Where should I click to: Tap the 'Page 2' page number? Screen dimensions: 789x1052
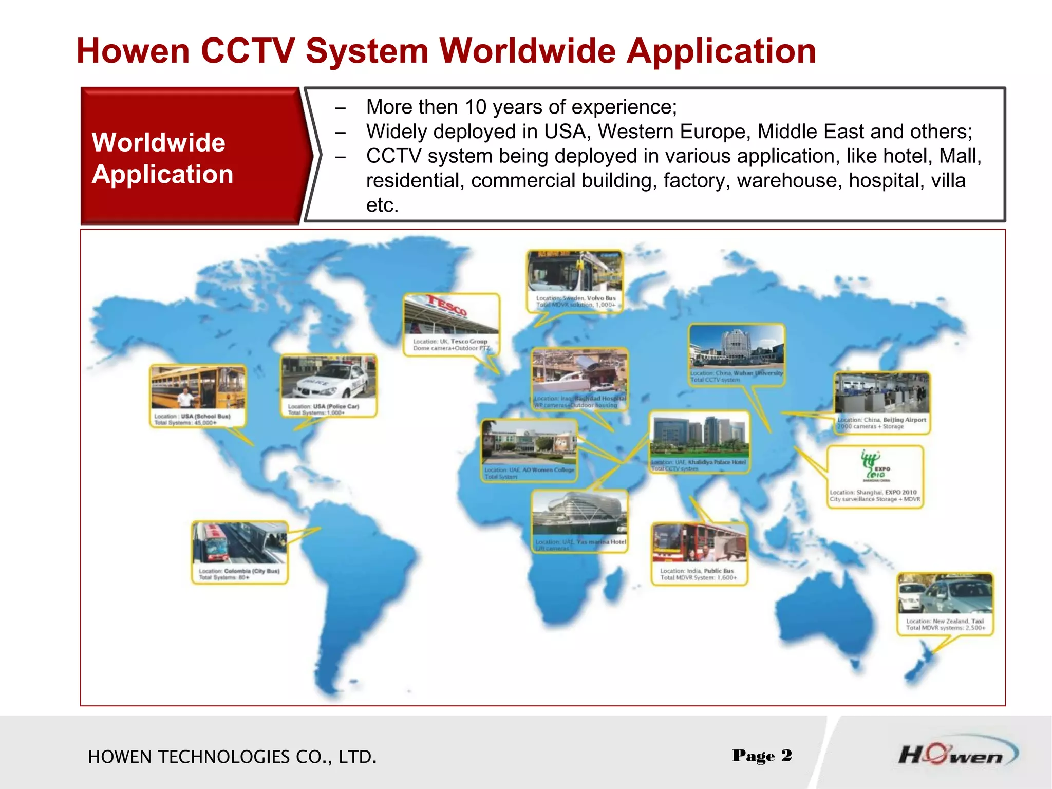point(762,756)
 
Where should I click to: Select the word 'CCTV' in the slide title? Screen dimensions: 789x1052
point(248,51)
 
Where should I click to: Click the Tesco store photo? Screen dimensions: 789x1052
point(451,314)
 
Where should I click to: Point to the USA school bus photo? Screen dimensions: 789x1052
point(198,388)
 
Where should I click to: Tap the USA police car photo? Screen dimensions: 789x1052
point(329,378)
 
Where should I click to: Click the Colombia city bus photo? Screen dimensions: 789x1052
point(239,543)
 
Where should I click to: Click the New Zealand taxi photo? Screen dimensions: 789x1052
point(945,594)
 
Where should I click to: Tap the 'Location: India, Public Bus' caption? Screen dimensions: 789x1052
point(697,571)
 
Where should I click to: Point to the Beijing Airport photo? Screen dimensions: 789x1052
point(882,393)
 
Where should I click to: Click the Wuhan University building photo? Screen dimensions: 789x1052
point(737,347)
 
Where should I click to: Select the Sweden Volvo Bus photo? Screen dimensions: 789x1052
point(575,272)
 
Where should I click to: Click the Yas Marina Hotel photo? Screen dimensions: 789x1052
point(579,513)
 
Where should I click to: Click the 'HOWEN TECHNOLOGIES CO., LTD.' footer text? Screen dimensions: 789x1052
point(232,757)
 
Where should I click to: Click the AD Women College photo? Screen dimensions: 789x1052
point(529,442)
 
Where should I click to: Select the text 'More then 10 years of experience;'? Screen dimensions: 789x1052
point(521,107)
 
